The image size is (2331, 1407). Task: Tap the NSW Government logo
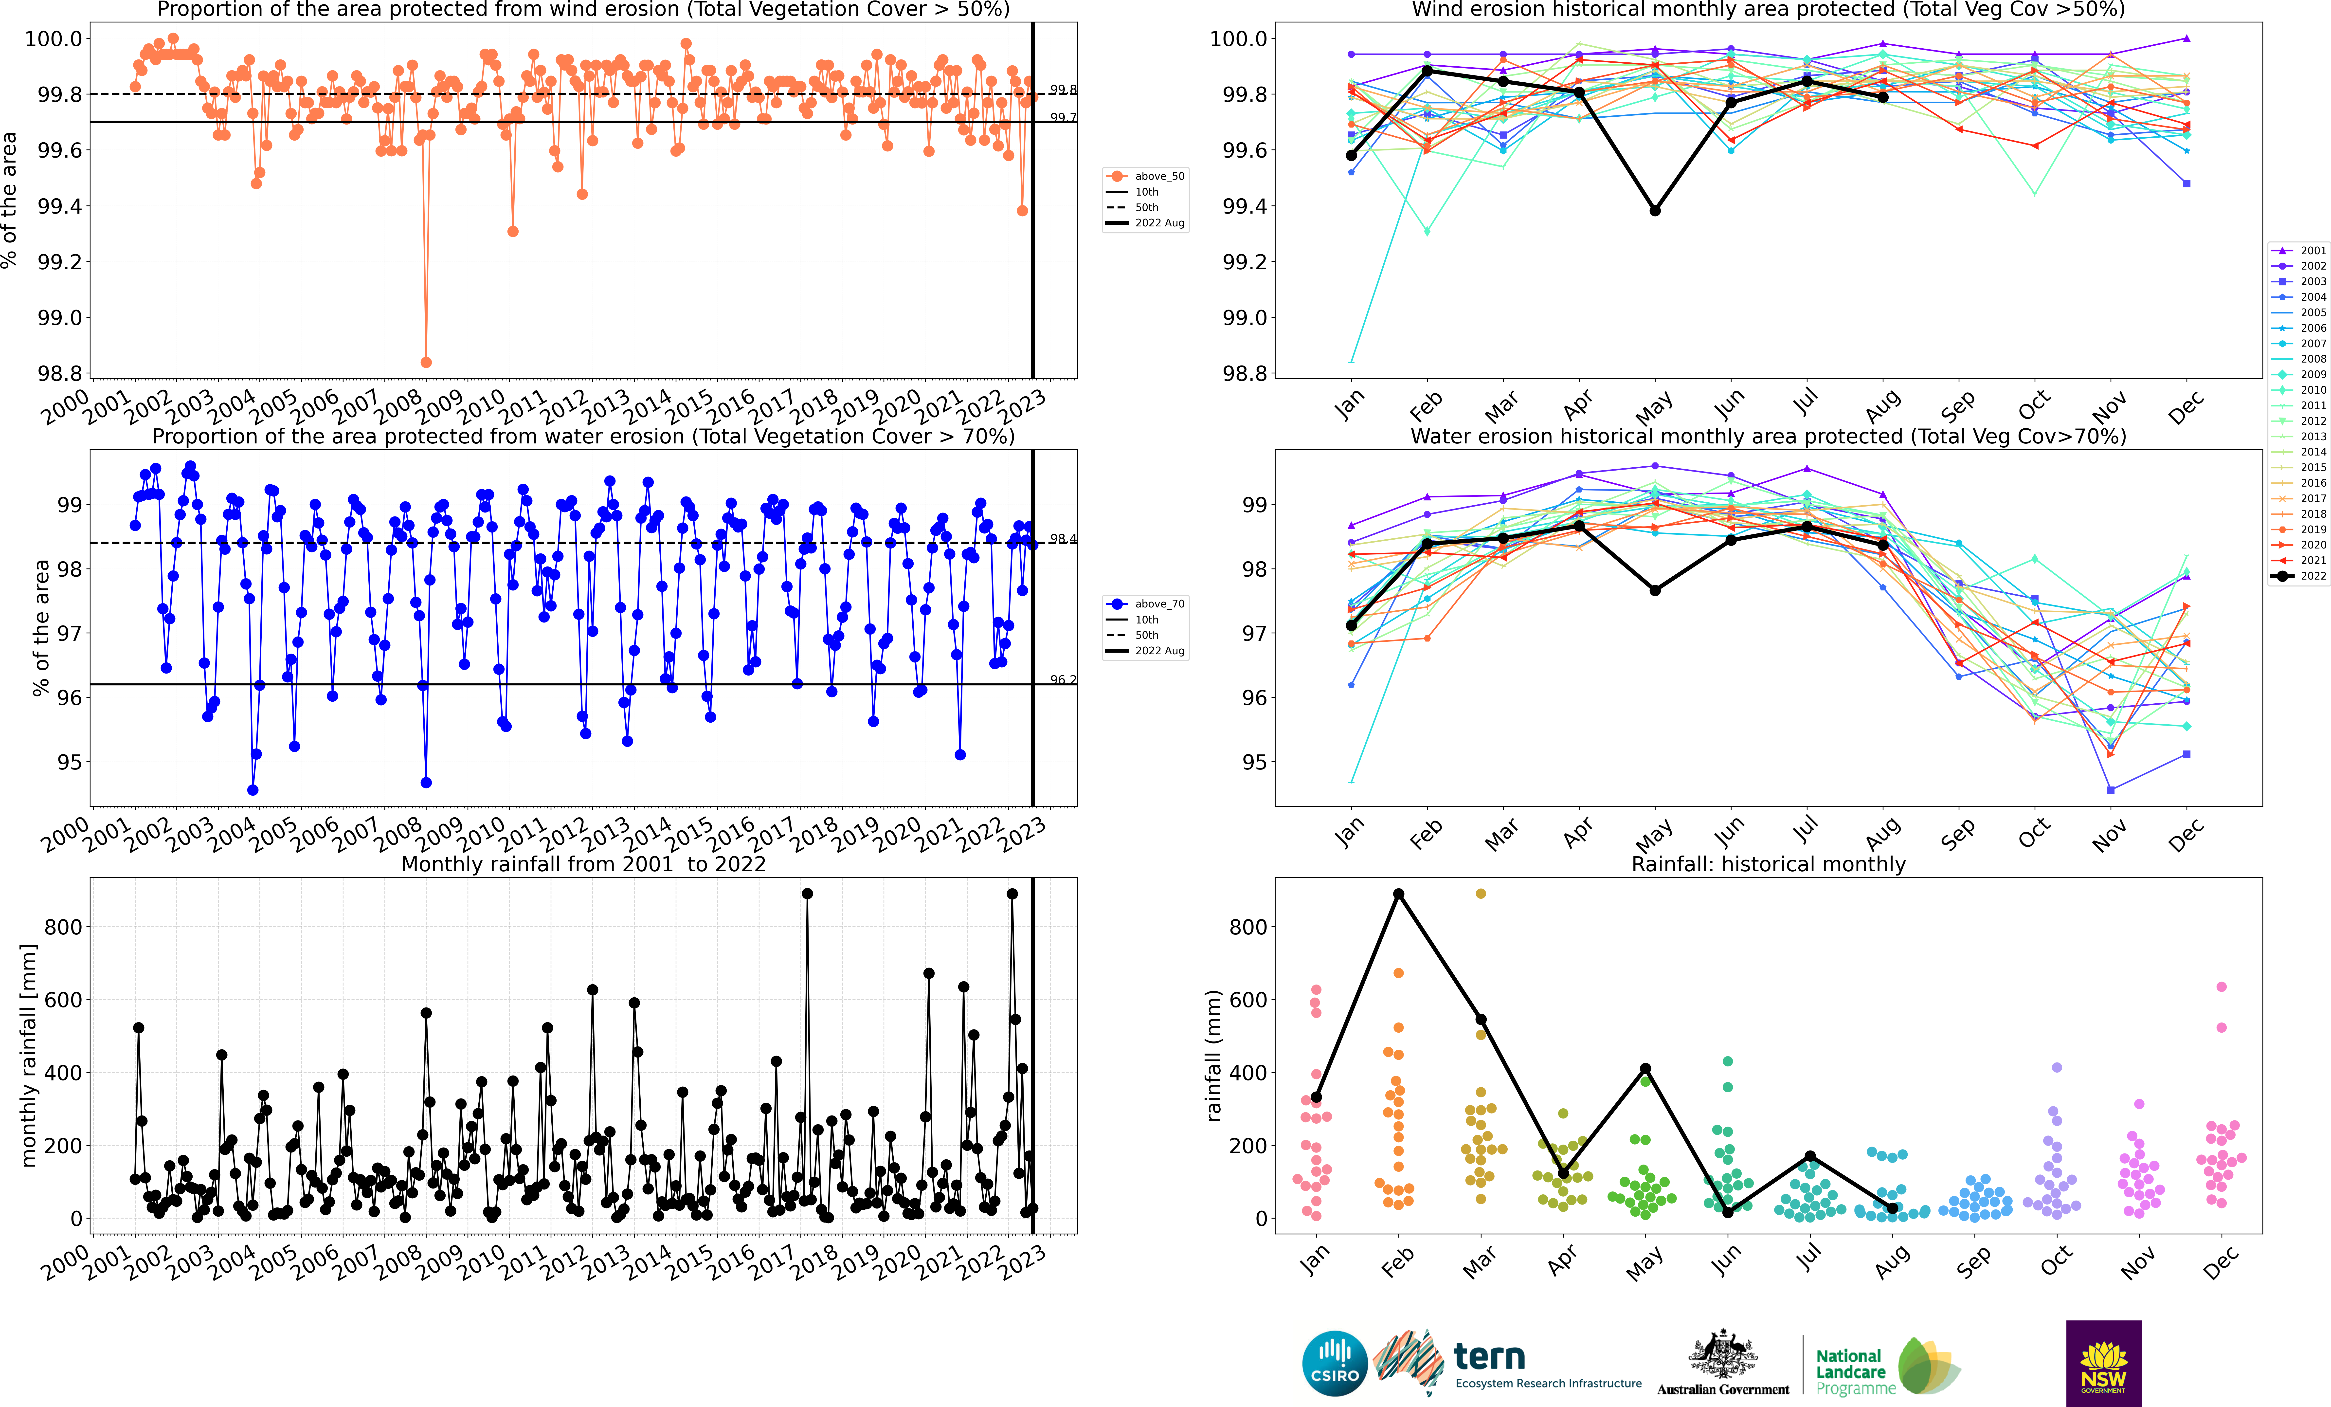pos(2103,1363)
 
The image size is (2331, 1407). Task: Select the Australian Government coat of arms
pos(1723,1355)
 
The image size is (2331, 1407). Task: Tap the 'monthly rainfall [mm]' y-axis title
pos(28,1055)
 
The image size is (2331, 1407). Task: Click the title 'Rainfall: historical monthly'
pos(1768,864)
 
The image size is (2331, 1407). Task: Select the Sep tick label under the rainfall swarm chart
pos(1973,1262)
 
